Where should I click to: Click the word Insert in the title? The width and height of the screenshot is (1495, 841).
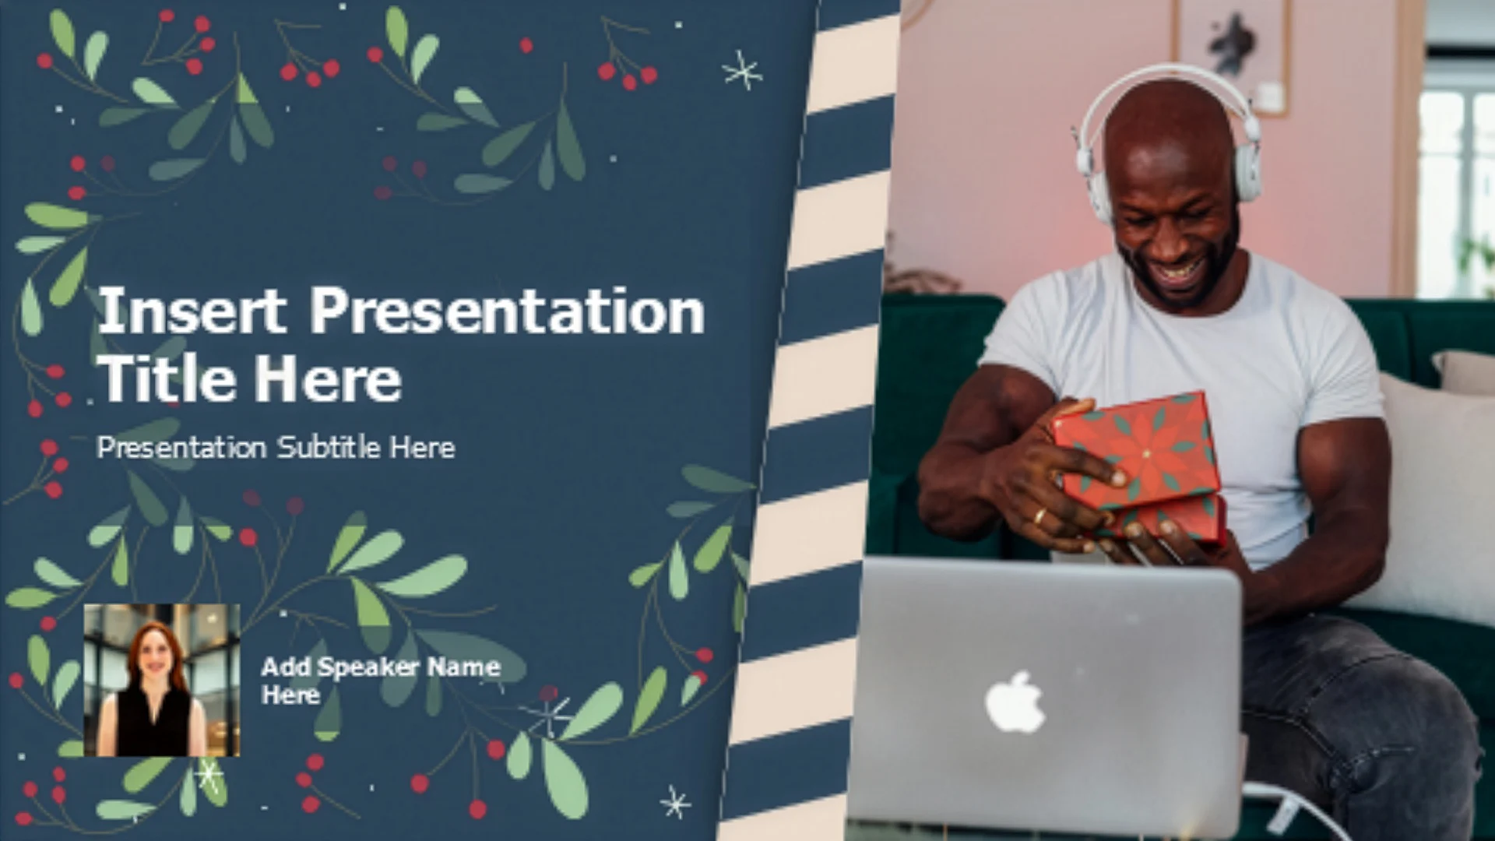pos(192,310)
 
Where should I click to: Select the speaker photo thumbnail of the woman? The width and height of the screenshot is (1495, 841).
pos(162,680)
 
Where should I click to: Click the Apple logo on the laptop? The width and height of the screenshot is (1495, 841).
pos(1015,702)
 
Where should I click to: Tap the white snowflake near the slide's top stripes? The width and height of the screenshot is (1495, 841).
pos(742,71)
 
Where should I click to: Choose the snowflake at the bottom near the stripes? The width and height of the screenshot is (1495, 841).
pos(674,802)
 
